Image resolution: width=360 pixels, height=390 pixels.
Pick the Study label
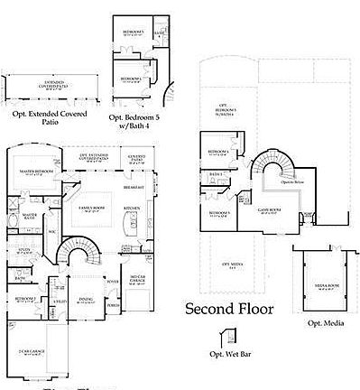22,250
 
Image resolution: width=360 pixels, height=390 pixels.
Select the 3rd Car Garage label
138,276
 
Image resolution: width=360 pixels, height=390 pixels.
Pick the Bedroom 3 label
218,213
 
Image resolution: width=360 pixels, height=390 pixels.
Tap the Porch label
114,304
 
